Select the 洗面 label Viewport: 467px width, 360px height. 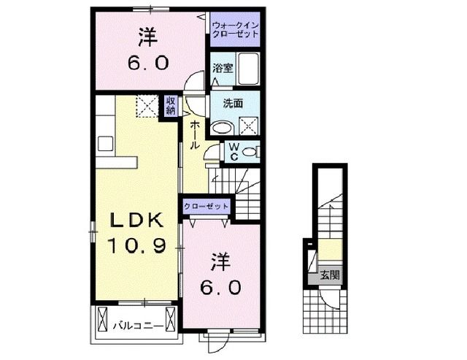point(223,104)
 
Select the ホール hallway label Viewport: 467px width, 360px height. point(196,136)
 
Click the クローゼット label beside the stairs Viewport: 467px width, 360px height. point(207,207)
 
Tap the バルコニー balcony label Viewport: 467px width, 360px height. point(135,320)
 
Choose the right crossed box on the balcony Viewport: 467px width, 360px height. point(171,319)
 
